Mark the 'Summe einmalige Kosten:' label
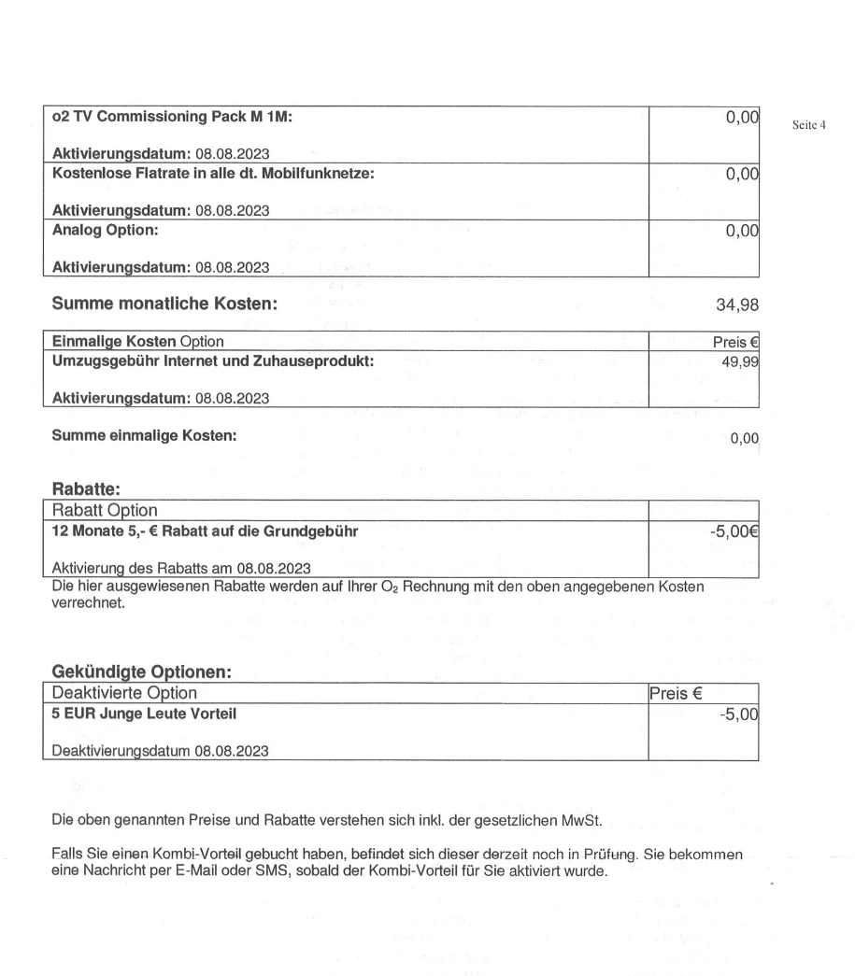[144, 436]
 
